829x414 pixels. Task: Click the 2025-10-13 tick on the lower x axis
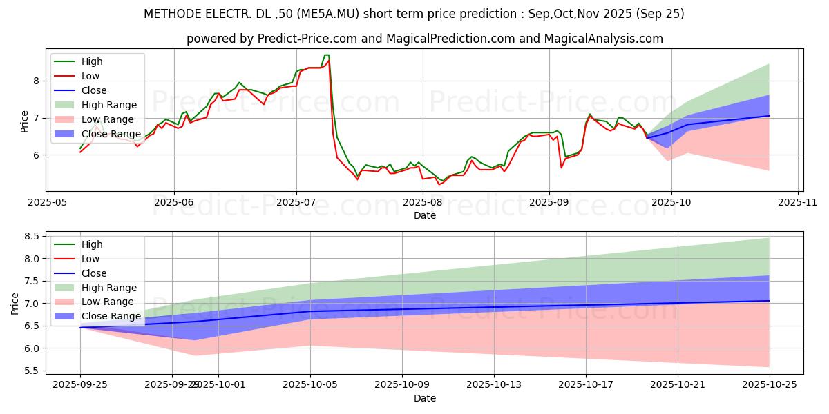[494, 385]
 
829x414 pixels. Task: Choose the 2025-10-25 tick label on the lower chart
[769, 385]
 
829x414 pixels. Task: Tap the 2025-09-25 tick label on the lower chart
[80, 385]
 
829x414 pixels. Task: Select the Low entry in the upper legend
[90, 76]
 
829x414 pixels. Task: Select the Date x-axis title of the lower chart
[424, 398]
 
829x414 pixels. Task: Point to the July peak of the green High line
[326, 55]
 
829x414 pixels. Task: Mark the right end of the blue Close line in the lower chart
[769, 300]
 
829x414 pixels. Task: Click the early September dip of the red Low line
[561, 167]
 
